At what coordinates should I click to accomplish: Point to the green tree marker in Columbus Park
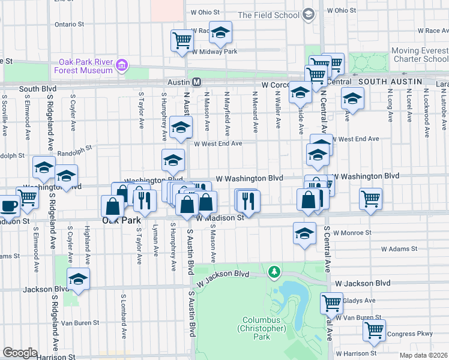(274, 272)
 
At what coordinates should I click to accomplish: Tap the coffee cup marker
(8, 206)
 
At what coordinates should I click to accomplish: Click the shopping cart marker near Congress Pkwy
(374, 329)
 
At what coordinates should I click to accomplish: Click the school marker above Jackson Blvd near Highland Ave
(78, 278)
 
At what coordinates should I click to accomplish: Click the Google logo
(20, 352)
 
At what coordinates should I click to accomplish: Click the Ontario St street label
(69, 25)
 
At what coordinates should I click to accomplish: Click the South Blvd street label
(37, 89)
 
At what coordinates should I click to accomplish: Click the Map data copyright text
(424, 355)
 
